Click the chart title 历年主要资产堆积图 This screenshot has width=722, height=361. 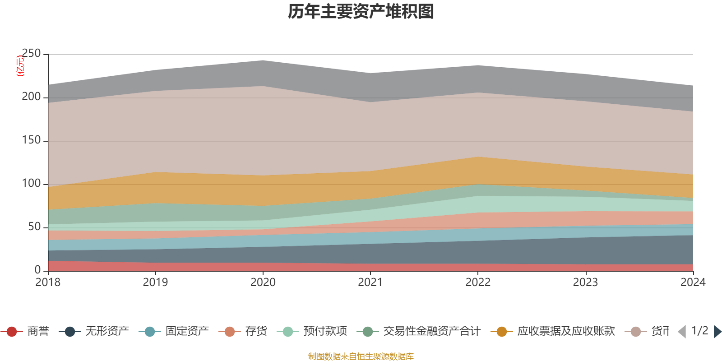coord(361,12)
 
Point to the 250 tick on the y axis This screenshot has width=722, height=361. coord(31,54)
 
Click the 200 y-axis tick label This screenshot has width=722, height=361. coord(31,97)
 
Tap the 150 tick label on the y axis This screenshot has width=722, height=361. coord(31,140)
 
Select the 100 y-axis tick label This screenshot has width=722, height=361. coord(31,184)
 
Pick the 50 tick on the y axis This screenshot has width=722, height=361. coord(34,227)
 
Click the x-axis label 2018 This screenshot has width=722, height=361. coord(48,282)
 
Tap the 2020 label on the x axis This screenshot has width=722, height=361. coord(263,282)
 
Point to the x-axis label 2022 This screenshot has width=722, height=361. coord(478,282)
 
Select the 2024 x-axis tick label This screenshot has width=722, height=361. coord(693,282)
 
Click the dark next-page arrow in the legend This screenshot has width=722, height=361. coord(717,332)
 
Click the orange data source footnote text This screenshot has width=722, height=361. coord(361,356)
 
